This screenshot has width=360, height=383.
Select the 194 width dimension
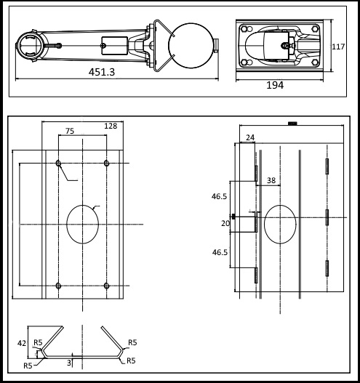[x=275, y=85]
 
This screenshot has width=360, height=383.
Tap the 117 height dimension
[x=338, y=47]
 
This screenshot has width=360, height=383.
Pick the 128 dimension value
[x=111, y=126]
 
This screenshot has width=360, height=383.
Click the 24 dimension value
[x=250, y=137]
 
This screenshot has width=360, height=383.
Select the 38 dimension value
[x=270, y=180]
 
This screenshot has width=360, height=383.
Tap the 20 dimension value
[x=225, y=225]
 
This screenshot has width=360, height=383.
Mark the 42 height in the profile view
[x=22, y=342]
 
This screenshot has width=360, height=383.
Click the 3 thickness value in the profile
[x=69, y=360]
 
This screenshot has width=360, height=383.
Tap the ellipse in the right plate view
[x=280, y=224]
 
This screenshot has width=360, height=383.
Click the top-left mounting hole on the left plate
[x=59, y=162]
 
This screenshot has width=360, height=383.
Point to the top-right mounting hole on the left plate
[x=106, y=162]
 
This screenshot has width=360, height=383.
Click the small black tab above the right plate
[x=292, y=123]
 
